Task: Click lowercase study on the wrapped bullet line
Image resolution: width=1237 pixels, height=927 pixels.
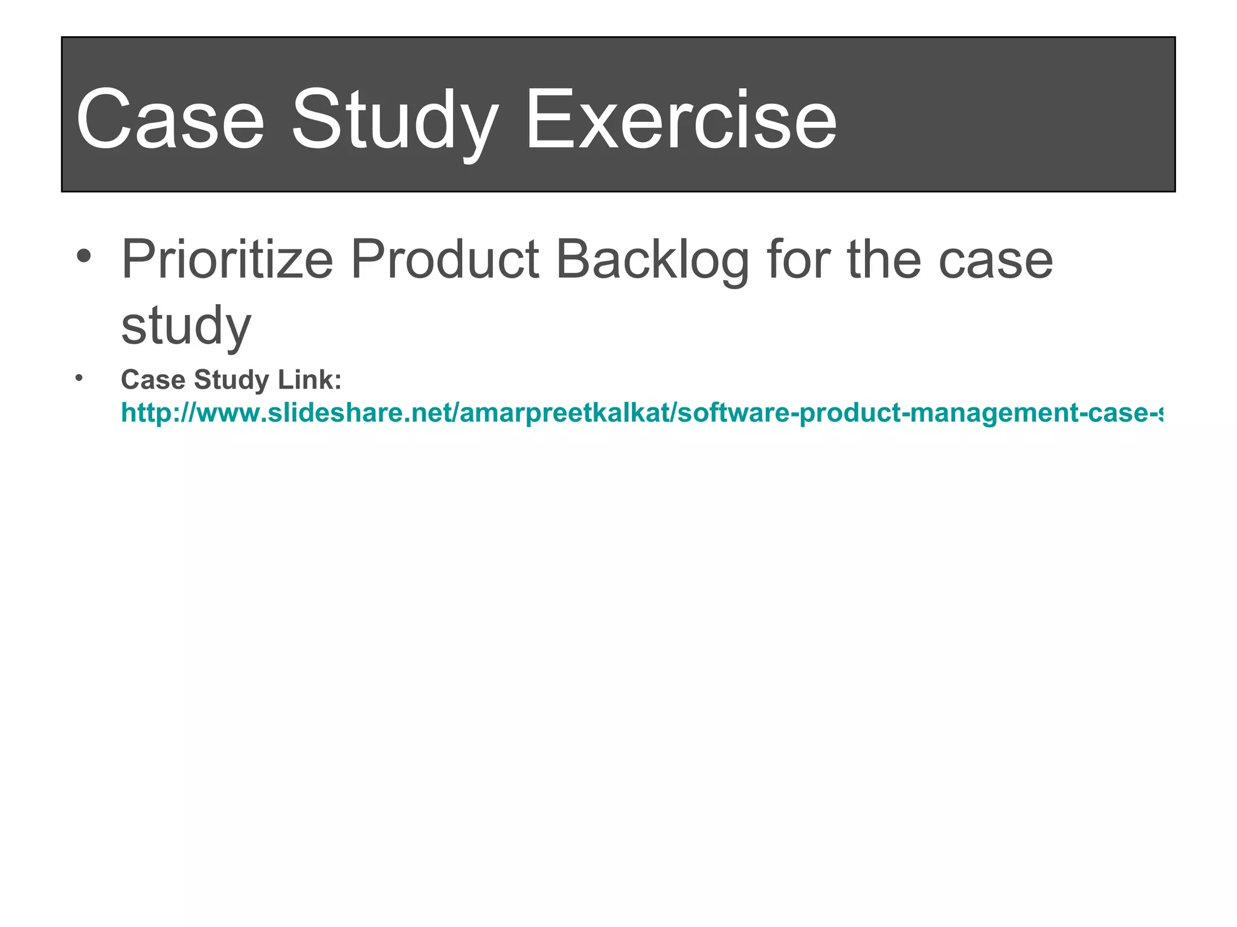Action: tap(186, 326)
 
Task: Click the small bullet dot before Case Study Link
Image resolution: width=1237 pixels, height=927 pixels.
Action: tap(79, 378)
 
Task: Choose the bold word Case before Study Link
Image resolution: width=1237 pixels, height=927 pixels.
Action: tap(153, 380)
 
